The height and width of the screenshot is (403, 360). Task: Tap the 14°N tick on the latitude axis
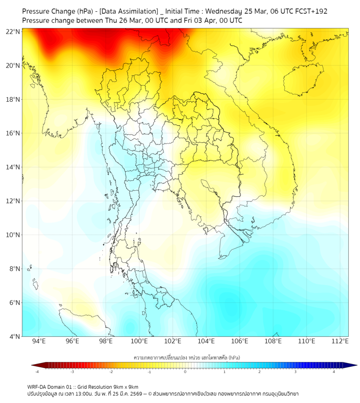point(13,167)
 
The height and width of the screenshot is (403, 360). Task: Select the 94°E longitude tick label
point(39,341)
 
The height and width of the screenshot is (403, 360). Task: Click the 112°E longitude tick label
point(340,341)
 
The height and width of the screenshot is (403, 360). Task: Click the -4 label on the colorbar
point(37,372)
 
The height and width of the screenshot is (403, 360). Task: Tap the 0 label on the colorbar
point(185,372)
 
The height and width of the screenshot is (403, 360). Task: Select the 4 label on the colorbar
point(334,372)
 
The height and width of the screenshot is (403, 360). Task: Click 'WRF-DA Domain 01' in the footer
point(51,386)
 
